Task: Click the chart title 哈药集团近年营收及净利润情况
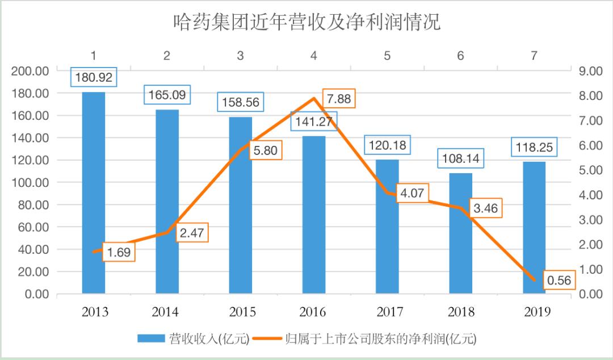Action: [306, 23]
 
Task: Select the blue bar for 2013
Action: [94, 193]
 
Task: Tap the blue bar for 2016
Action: [314, 216]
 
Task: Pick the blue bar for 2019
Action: [534, 227]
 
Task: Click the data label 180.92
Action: [94, 77]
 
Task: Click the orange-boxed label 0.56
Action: [559, 280]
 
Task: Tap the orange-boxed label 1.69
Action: [119, 252]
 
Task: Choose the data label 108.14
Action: [460, 158]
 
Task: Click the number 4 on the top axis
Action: [314, 55]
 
